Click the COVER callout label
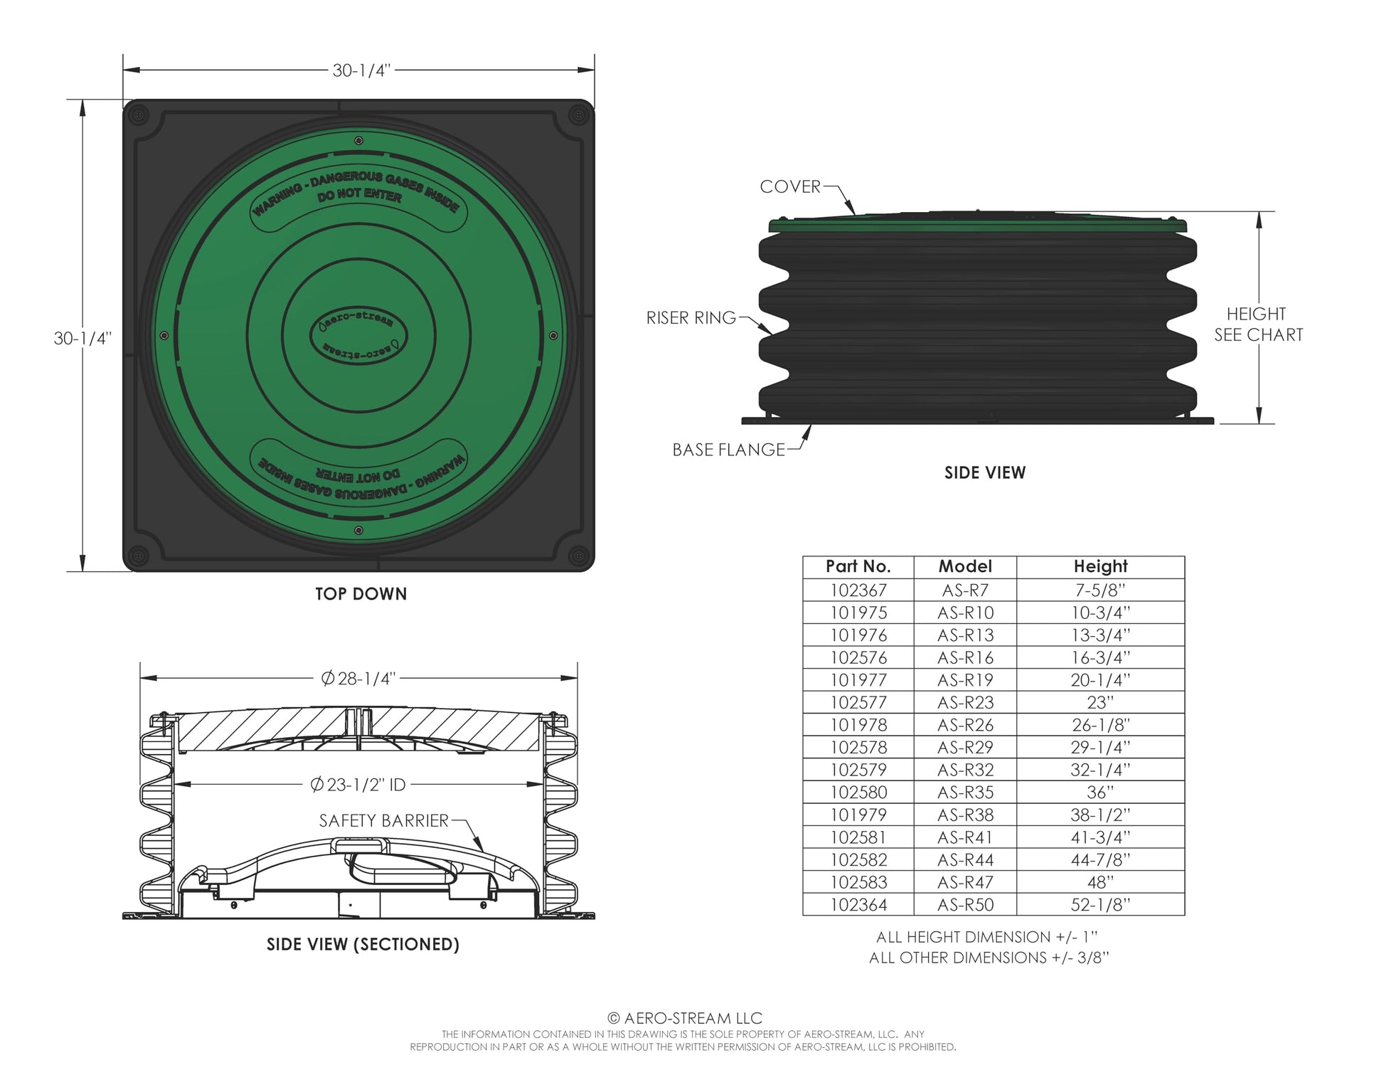[790, 186]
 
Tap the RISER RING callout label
[691, 318]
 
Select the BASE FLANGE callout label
[729, 450]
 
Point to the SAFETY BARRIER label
[384, 821]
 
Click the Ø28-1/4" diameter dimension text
[358, 679]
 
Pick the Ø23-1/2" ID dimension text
[358, 785]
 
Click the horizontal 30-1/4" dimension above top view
[362, 70]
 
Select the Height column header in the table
[1100, 566]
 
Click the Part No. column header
[858, 566]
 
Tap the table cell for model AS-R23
[965, 703]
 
